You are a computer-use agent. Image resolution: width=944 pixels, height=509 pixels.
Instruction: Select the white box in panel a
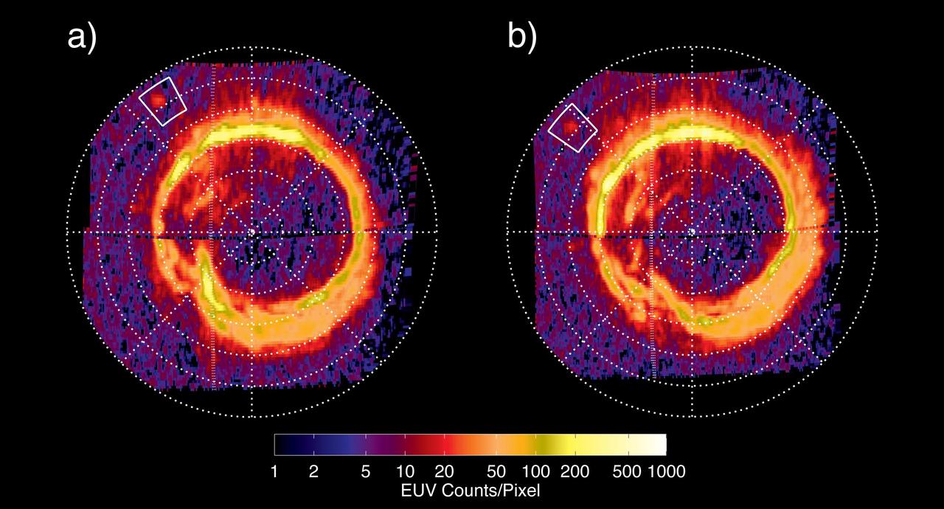coord(164,101)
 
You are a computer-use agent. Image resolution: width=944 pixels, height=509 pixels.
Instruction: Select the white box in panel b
coord(572,128)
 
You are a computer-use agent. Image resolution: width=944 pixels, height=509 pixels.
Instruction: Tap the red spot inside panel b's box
coord(569,127)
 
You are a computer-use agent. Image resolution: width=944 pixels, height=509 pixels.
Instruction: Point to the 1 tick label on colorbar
coord(274,470)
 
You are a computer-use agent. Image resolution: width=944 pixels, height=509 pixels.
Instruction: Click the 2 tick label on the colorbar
coord(313,470)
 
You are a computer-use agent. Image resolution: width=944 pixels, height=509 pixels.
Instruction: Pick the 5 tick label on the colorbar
coord(366,470)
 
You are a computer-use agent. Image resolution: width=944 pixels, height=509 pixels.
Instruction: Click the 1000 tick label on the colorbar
coord(666,470)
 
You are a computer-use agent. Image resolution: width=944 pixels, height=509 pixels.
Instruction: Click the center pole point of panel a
coord(251,232)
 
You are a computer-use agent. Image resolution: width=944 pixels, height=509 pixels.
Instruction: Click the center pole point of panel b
coord(692,232)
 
